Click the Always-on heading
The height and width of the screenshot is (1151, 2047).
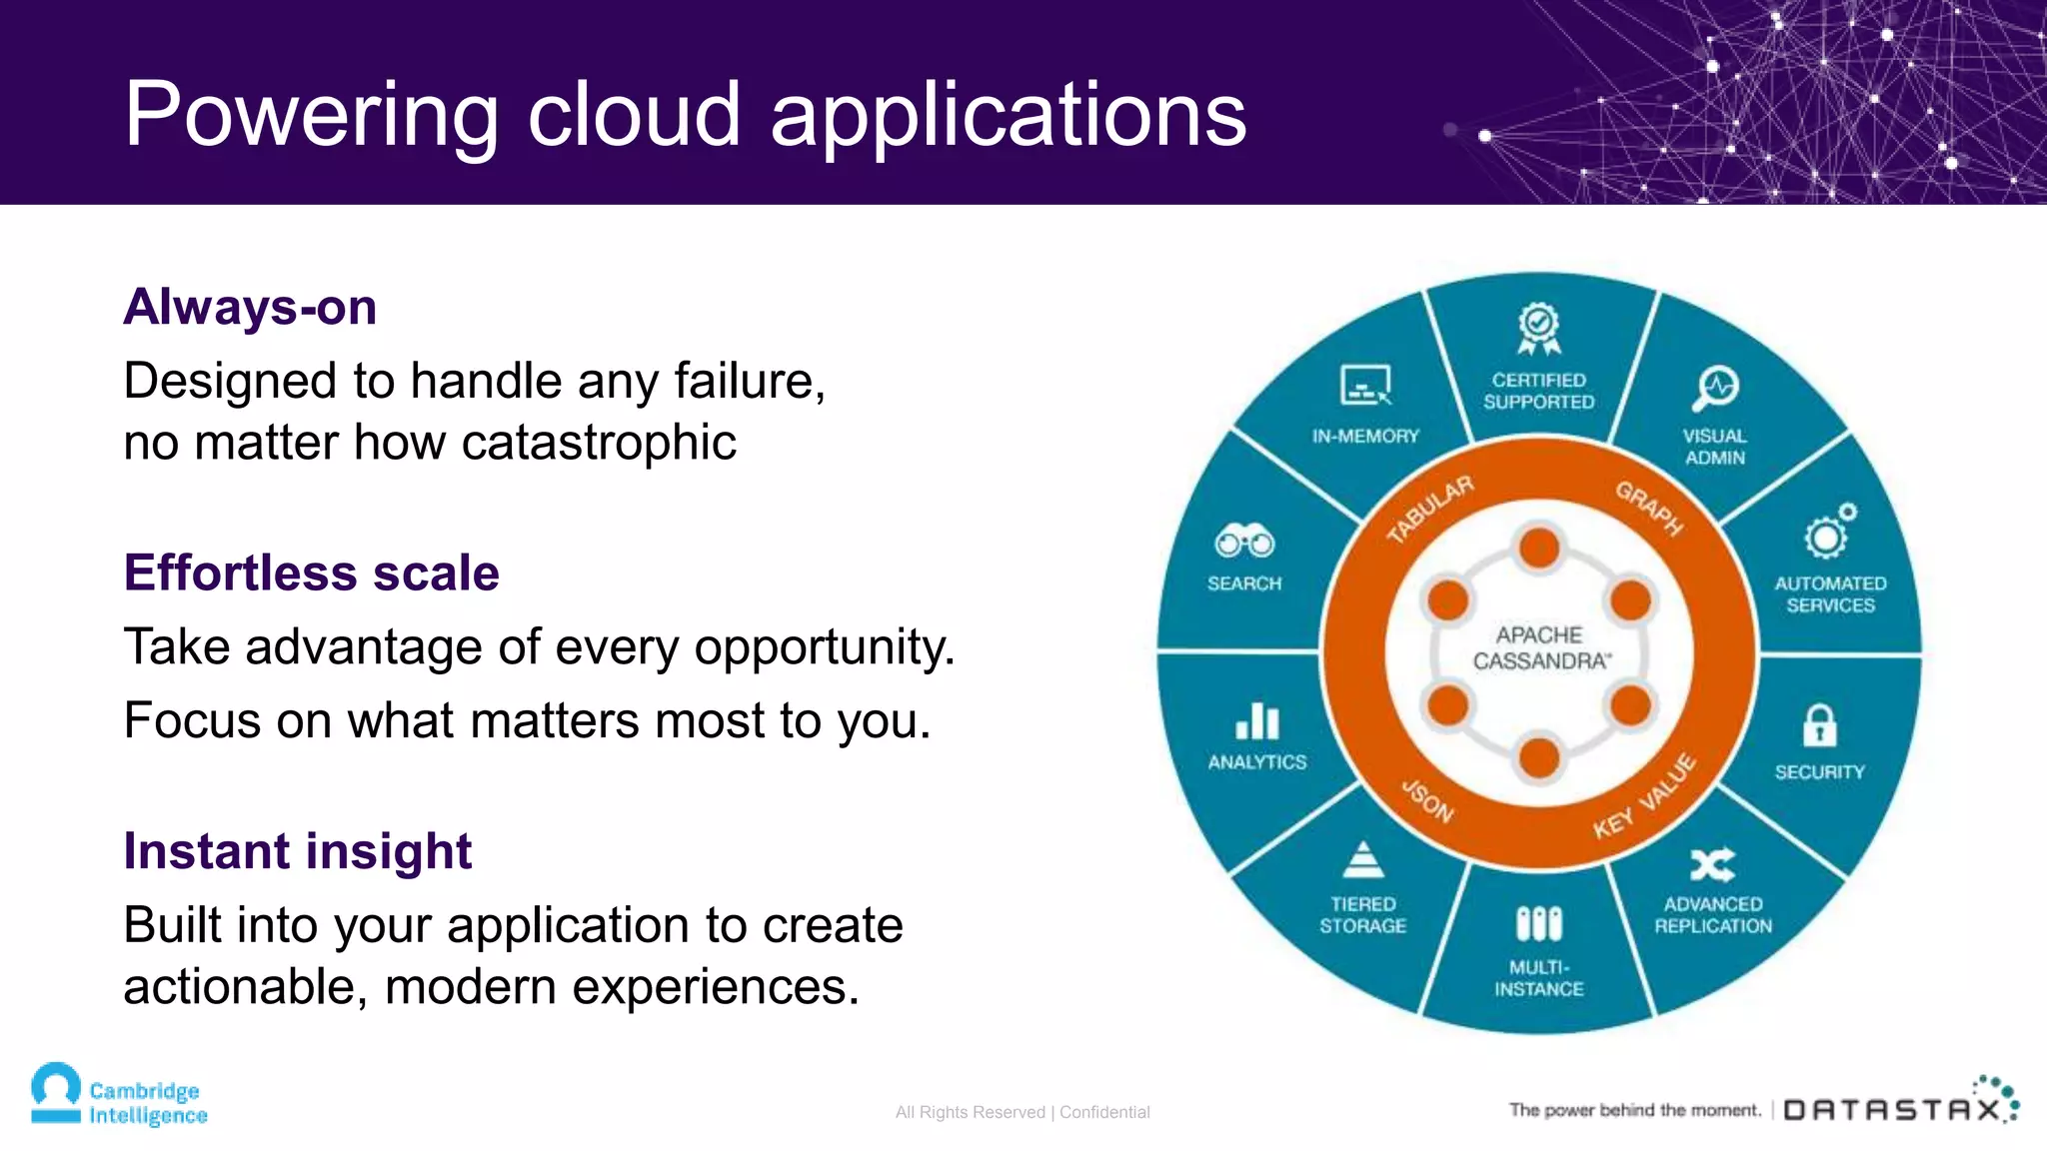[x=250, y=307]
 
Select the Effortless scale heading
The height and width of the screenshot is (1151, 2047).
[x=311, y=574]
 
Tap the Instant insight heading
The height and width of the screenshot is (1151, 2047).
[x=297, y=851]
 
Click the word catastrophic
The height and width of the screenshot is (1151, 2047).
[x=599, y=443]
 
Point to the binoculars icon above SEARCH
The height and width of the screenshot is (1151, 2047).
[x=1243, y=542]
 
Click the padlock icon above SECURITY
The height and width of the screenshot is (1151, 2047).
[x=1819, y=725]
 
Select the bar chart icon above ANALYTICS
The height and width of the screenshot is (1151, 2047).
[x=1256, y=720]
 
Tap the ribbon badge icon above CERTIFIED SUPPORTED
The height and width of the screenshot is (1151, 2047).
[x=1538, y=329]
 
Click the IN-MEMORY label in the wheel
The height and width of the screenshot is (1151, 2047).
[x=1365, y=436]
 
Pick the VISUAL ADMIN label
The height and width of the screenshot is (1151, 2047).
[x=1715, y=447]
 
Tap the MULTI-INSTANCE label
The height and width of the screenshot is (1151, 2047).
[x=1539, y=978]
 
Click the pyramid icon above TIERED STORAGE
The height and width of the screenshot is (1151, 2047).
[x=1362, y=860]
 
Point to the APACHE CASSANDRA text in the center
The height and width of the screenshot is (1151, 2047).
[x=1539, y=648]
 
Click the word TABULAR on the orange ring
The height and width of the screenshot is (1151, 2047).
[x=1429, y=510]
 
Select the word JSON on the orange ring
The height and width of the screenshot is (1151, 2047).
[x=1427, y=800]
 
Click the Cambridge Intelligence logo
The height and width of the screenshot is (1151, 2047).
[x=119, y=1096]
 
